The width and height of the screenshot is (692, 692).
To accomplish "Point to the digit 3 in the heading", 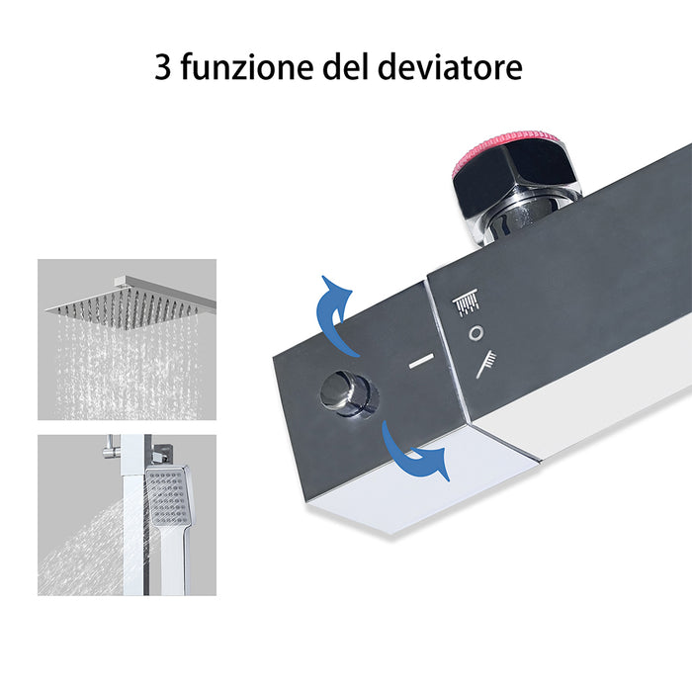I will coord(163,68).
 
